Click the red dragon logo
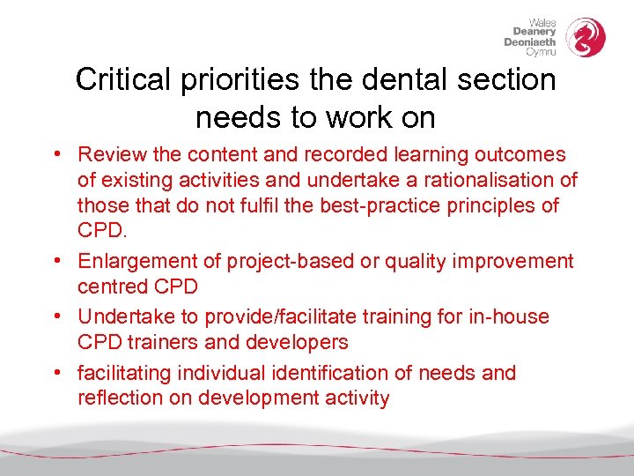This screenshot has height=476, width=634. [x=585, y=38]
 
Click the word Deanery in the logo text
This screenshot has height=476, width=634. [x=534, y=32]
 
